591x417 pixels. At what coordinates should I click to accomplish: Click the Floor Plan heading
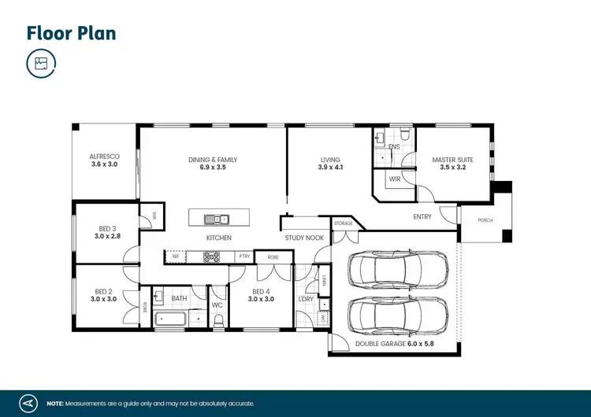(x=72, y=33)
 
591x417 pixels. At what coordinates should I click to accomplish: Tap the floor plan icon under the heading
(x=41, y=64)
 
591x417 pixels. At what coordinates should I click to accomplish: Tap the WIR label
(x=395, y=179)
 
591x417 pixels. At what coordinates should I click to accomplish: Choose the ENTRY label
(x=422, y=217)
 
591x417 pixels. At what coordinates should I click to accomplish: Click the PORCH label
(x=485, y=220)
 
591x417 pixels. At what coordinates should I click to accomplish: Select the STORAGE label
(x=344, y=223)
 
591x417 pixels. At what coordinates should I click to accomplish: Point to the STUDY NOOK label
(x=304, y=238)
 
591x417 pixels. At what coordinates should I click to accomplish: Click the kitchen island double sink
(x=215, y=219)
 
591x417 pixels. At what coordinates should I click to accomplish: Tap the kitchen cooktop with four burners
(x=212, y=256)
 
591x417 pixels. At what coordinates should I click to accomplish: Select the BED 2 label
(x=104, y=295)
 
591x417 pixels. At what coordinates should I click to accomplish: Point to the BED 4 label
(x=260, y=295)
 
